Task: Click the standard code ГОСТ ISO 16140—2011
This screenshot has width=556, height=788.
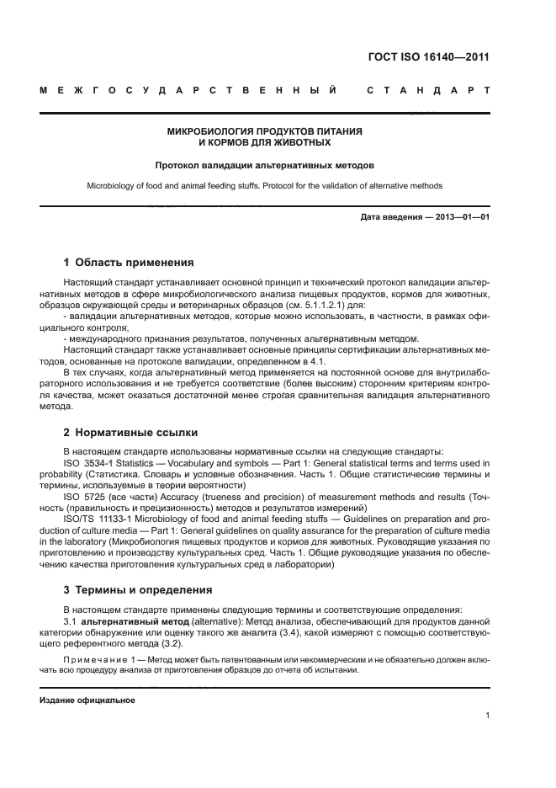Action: coord(428,58)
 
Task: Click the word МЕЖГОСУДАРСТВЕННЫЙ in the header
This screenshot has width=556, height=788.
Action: coord(189,89)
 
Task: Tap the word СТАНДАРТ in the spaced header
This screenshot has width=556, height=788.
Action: coord(428,89)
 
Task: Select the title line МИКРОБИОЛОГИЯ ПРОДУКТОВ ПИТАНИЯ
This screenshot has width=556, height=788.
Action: coord(265,132)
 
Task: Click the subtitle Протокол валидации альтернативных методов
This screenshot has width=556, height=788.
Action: coord(265,166)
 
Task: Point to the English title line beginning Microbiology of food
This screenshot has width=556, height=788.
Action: coord(265,185)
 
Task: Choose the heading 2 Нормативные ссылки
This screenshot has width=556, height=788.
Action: coord(131,432)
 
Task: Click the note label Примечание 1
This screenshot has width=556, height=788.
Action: coord(102,659)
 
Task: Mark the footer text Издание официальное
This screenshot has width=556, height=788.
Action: coord(87,700)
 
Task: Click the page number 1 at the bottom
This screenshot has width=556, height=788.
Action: coord(487,716)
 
